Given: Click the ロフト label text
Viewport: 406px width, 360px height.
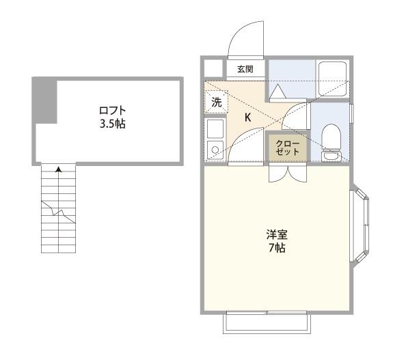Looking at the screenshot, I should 112,111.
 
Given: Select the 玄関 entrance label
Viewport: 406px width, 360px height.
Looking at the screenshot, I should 245,69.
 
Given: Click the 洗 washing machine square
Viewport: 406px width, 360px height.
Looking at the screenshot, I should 216,104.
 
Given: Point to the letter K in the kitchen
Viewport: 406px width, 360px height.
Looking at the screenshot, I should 248,117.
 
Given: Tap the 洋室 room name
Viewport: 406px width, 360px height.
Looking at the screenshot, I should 277,234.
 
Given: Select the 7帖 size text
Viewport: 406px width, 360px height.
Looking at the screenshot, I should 277,248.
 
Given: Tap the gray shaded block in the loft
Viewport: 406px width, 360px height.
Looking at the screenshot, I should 44,100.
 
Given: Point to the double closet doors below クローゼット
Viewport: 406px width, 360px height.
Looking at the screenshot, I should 282,172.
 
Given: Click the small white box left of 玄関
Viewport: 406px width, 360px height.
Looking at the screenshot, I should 214,68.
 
